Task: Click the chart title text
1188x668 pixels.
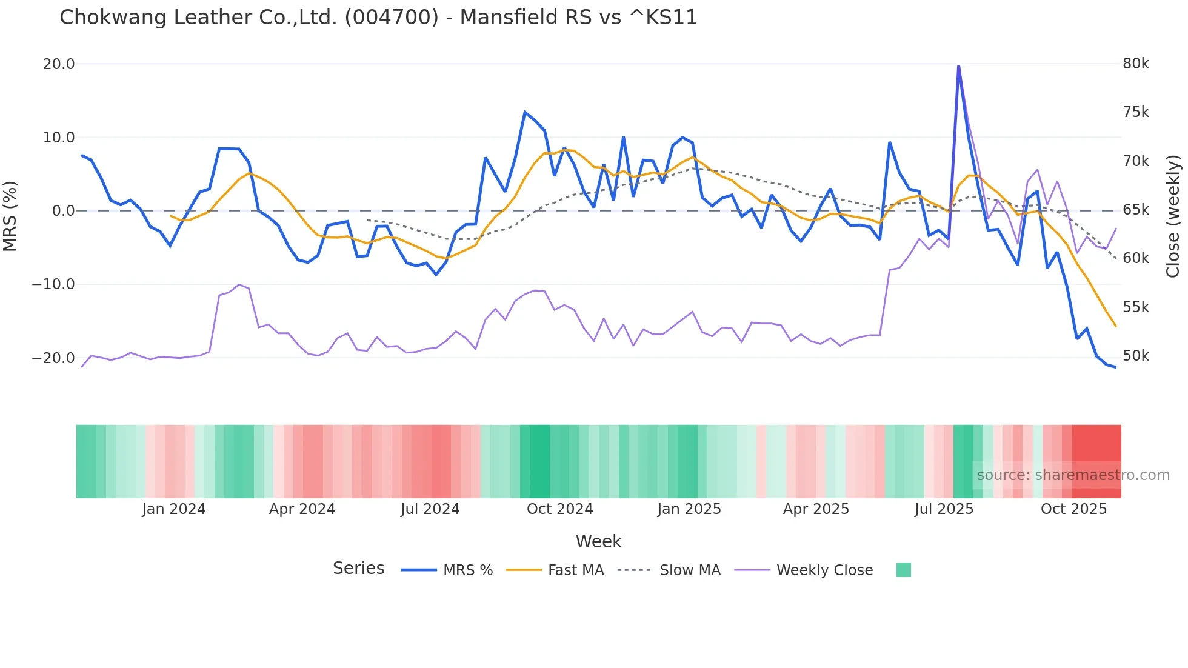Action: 378,18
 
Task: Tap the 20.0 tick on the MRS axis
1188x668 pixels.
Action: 59,64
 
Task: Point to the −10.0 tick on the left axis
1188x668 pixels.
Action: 53,284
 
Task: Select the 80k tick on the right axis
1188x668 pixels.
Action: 1135,64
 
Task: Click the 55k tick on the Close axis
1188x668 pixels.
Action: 1135,307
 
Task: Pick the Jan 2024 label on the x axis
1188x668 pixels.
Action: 174,509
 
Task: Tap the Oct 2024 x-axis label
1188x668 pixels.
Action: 559,509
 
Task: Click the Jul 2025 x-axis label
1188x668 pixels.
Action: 944,509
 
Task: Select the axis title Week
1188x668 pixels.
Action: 598,541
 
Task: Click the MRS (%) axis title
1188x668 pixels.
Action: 10,216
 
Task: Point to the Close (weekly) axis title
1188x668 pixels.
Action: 1173,216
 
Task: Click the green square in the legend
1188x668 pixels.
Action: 903,570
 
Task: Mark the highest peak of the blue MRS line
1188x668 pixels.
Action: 958,65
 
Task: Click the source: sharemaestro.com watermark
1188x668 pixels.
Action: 1073,475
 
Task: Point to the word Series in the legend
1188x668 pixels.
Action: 358,569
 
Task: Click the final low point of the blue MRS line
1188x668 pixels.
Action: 1115,367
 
